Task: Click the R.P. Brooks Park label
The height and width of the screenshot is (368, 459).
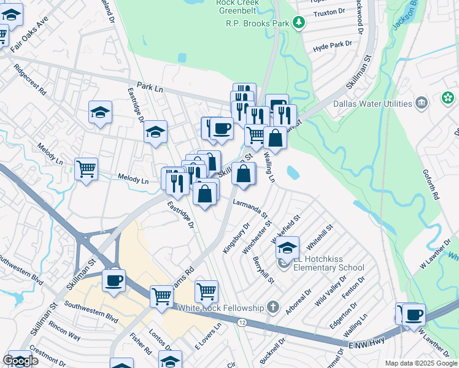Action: [x=257, y=23]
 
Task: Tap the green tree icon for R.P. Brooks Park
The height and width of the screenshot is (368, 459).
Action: [x=299, y=23]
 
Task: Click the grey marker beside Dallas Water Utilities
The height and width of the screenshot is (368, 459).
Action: [x=421, y=102]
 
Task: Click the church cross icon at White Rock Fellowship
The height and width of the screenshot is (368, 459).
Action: [x=274, y=307]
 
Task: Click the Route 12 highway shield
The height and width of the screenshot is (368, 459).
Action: [x=243, y=322]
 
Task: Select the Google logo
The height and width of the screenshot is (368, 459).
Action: [x=21, y=361]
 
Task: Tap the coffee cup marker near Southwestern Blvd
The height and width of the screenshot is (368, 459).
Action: [x=114, y=281]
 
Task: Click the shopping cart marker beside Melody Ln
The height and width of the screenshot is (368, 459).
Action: [x=87, y=169]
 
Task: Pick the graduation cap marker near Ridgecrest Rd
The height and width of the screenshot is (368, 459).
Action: [x=100, y=112]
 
